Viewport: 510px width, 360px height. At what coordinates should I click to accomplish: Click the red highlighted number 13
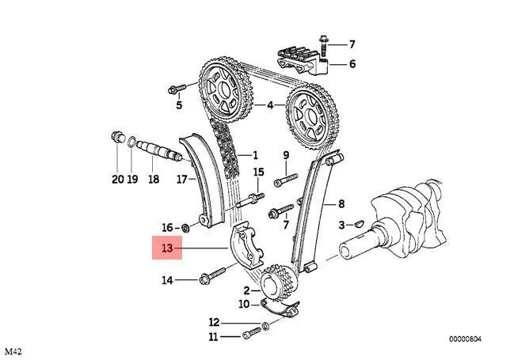(166, 248)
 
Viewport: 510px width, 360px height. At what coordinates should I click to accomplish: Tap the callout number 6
(352, 64)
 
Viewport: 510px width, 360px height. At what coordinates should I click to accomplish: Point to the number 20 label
(118, 180)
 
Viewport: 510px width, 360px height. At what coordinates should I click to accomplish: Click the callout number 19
(133, 180)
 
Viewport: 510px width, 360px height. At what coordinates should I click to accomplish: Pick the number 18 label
(153, 180)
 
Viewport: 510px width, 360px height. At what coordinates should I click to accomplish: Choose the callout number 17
(181, 180)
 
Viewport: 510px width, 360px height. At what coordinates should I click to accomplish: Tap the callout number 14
(167, 279)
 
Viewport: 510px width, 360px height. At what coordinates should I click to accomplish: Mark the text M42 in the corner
(13, 351)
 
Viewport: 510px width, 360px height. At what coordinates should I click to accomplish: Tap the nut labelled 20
(117, 139)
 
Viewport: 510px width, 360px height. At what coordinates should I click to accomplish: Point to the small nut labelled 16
(187, 228)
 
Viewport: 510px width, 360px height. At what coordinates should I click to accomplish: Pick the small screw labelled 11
(253, 333)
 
